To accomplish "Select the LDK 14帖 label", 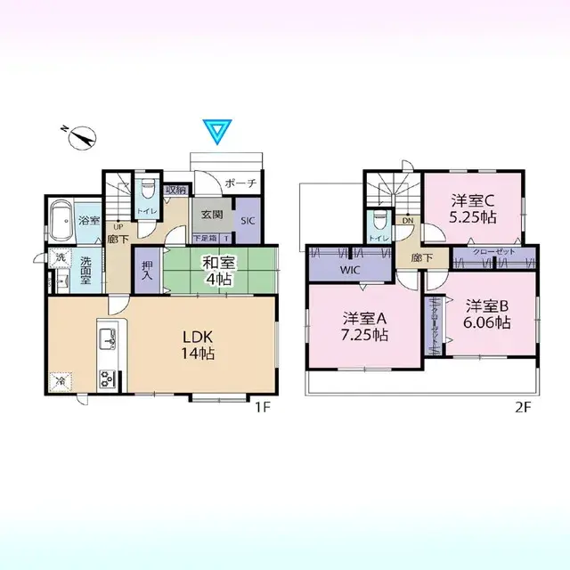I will coord(200,346).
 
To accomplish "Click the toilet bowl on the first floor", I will coord(148,193).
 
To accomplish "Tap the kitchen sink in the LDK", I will coord(108,339).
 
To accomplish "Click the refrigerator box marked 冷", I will coord(61,381).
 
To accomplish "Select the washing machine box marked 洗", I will coord(60,257).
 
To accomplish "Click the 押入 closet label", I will coord(147,269).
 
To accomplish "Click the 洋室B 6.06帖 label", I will coord(487,314).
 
